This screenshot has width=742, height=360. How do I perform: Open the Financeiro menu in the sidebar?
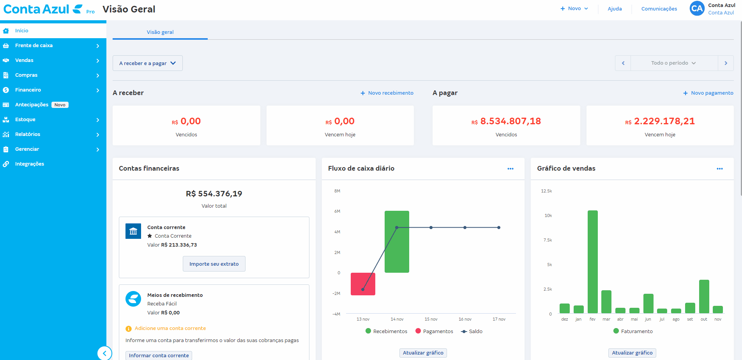[x=28, y=90]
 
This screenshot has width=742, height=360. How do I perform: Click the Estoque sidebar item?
[x=25, y=120]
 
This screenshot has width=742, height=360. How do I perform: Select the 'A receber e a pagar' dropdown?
[x=147, y=63]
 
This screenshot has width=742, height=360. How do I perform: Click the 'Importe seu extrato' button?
[x=214, y=264]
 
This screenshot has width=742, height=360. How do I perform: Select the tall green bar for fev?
[x=592, y=261]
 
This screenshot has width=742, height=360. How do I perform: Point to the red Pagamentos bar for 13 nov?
[x=363, y=284]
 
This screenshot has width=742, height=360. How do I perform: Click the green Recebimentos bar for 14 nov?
[x=397, y=242]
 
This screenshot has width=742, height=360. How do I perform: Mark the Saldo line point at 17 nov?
[x=499, y=228]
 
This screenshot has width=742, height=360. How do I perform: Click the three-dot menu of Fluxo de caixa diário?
[x=511, y=169]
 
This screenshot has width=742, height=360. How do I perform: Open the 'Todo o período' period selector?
[x=674, y=63]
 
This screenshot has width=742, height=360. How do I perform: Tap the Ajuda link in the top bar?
[x=615, y=9]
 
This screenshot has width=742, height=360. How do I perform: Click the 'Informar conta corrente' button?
[x=159, y=355]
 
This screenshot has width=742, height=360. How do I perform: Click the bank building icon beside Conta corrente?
[x=133, y=231]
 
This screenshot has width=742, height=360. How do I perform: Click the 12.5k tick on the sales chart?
[x=546, y=191]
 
